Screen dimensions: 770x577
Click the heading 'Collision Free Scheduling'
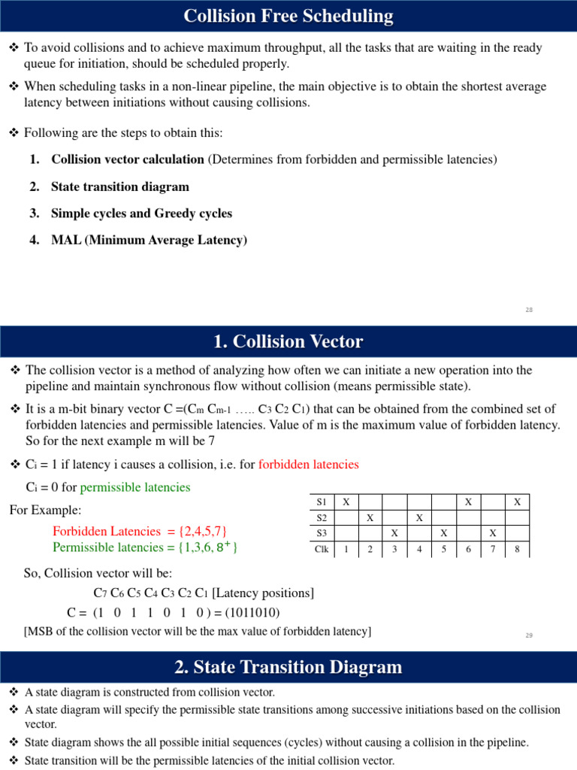pos(288,16)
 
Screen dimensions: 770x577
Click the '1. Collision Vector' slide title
pos(288,342)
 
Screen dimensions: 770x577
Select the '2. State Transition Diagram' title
pos(288,667)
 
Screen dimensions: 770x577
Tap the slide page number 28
pos(529,310)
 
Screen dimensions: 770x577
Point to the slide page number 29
pos(529,635)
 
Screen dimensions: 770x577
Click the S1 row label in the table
pos(322,502)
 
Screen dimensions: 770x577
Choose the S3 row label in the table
pos(322,533)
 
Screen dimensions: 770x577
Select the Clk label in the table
pos(322,550)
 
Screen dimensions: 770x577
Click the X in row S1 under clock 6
pos(468,502)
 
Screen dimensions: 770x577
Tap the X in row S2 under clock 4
pos(419,517)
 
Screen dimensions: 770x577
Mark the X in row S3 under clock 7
pos(493,533)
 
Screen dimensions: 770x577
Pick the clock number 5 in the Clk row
pos(444,550)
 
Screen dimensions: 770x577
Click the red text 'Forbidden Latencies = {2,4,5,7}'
pos(140,531)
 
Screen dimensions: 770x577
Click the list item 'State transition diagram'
pos(120,186)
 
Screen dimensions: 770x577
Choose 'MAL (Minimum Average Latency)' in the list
pos(149,241)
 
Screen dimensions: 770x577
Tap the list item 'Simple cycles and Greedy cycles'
pos(141,214)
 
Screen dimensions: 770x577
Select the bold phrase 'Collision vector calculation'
pos(128,159)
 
